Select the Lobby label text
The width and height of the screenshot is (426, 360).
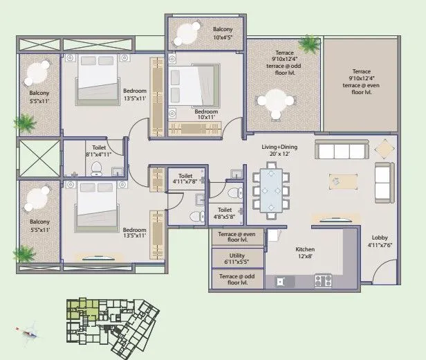point(379,241)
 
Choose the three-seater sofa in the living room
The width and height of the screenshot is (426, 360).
point(340,150)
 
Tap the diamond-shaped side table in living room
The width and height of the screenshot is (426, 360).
point(382,149)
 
